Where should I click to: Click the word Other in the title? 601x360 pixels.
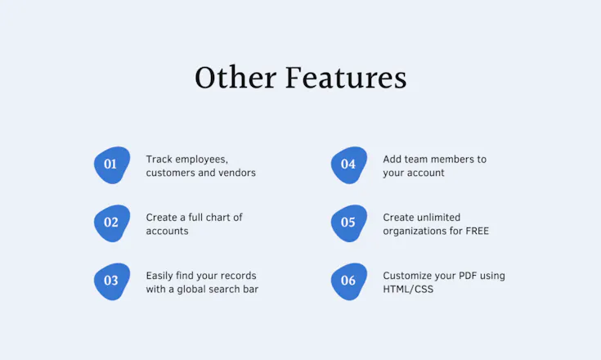(235, 78)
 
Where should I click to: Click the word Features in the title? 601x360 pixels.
(346, 78)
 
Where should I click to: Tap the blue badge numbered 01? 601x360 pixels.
(112, 164)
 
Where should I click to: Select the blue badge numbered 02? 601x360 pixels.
(112, 223)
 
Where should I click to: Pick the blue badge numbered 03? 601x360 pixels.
(112, 281)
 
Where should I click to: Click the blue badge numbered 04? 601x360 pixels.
(349, 164)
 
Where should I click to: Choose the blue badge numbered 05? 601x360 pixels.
(349, 223)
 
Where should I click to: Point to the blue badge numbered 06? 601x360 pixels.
(349, 281)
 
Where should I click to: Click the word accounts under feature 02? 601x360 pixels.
(167, 232)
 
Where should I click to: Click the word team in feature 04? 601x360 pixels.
(410, 159)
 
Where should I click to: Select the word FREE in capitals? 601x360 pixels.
(478, 232)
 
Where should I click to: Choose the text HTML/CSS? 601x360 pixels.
(408, 289)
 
